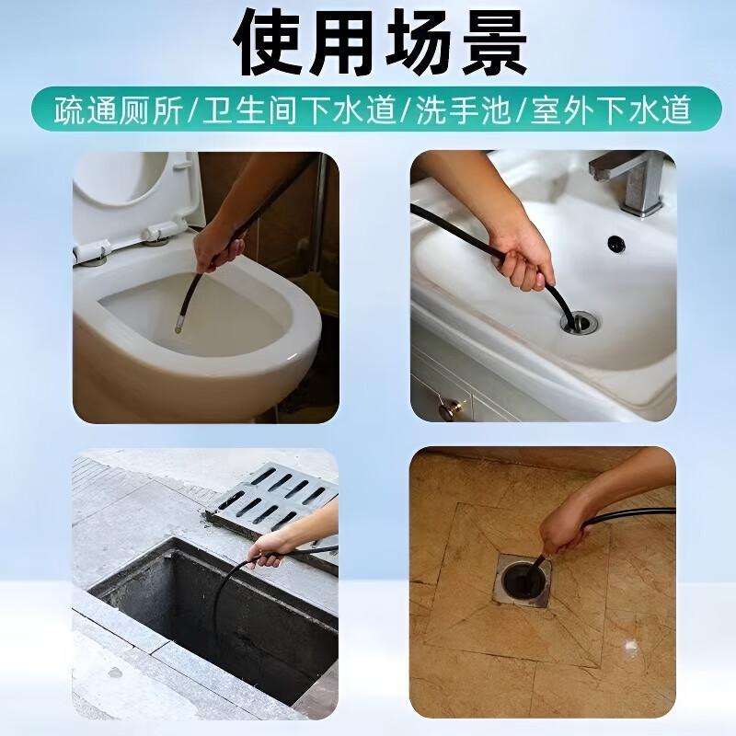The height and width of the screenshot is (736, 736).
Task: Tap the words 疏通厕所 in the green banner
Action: click(119, 110)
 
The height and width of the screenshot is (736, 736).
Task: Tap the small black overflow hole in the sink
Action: click(615, 244)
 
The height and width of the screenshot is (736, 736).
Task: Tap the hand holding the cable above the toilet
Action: click(219, 244)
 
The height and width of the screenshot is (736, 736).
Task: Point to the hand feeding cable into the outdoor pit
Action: click(270, 549)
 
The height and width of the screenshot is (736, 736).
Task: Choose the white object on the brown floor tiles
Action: click(632, 649)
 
